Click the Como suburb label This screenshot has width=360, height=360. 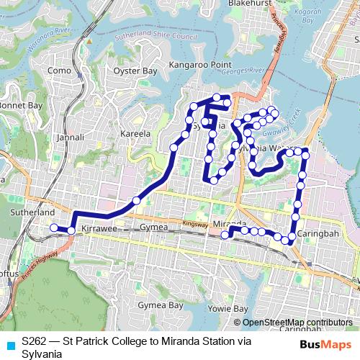pyautogui.click(x=59, y=71)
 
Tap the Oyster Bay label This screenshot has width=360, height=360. pyautogui.click(x=135, y=71)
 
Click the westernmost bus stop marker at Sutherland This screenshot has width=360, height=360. pyautogui.click(x=53, y=228)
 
